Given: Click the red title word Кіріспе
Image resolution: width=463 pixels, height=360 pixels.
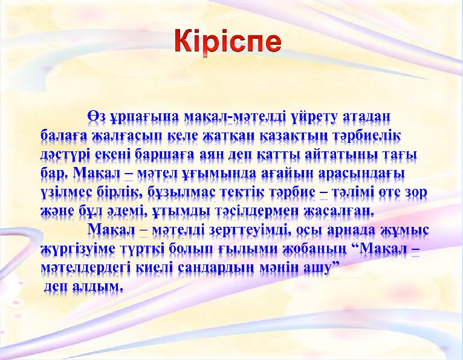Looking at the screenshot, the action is coord(228,41).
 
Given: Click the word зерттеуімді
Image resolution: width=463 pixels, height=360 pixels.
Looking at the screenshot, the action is coord(250,231).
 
